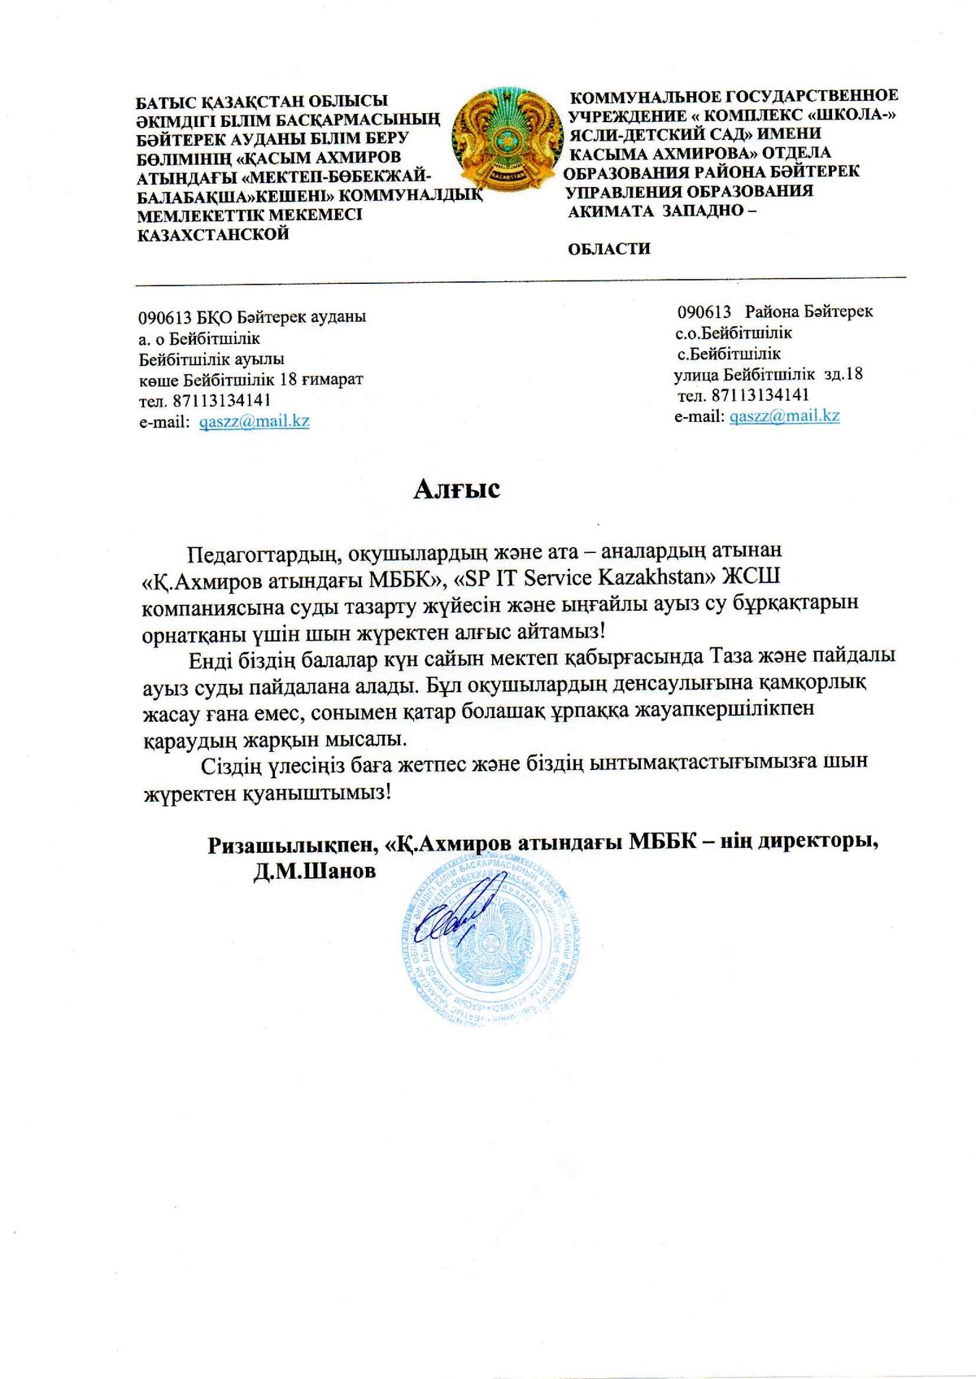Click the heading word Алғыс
tap(456, 489)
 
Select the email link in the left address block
tap(254, 421)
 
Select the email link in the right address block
tap(784, 415)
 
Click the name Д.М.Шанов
tap(315, 872)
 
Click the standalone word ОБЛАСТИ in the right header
tap(609, 249)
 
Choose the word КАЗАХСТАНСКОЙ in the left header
tap(213, 235)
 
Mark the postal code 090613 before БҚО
tap(161, 317)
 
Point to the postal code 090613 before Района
tap(704, 311)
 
